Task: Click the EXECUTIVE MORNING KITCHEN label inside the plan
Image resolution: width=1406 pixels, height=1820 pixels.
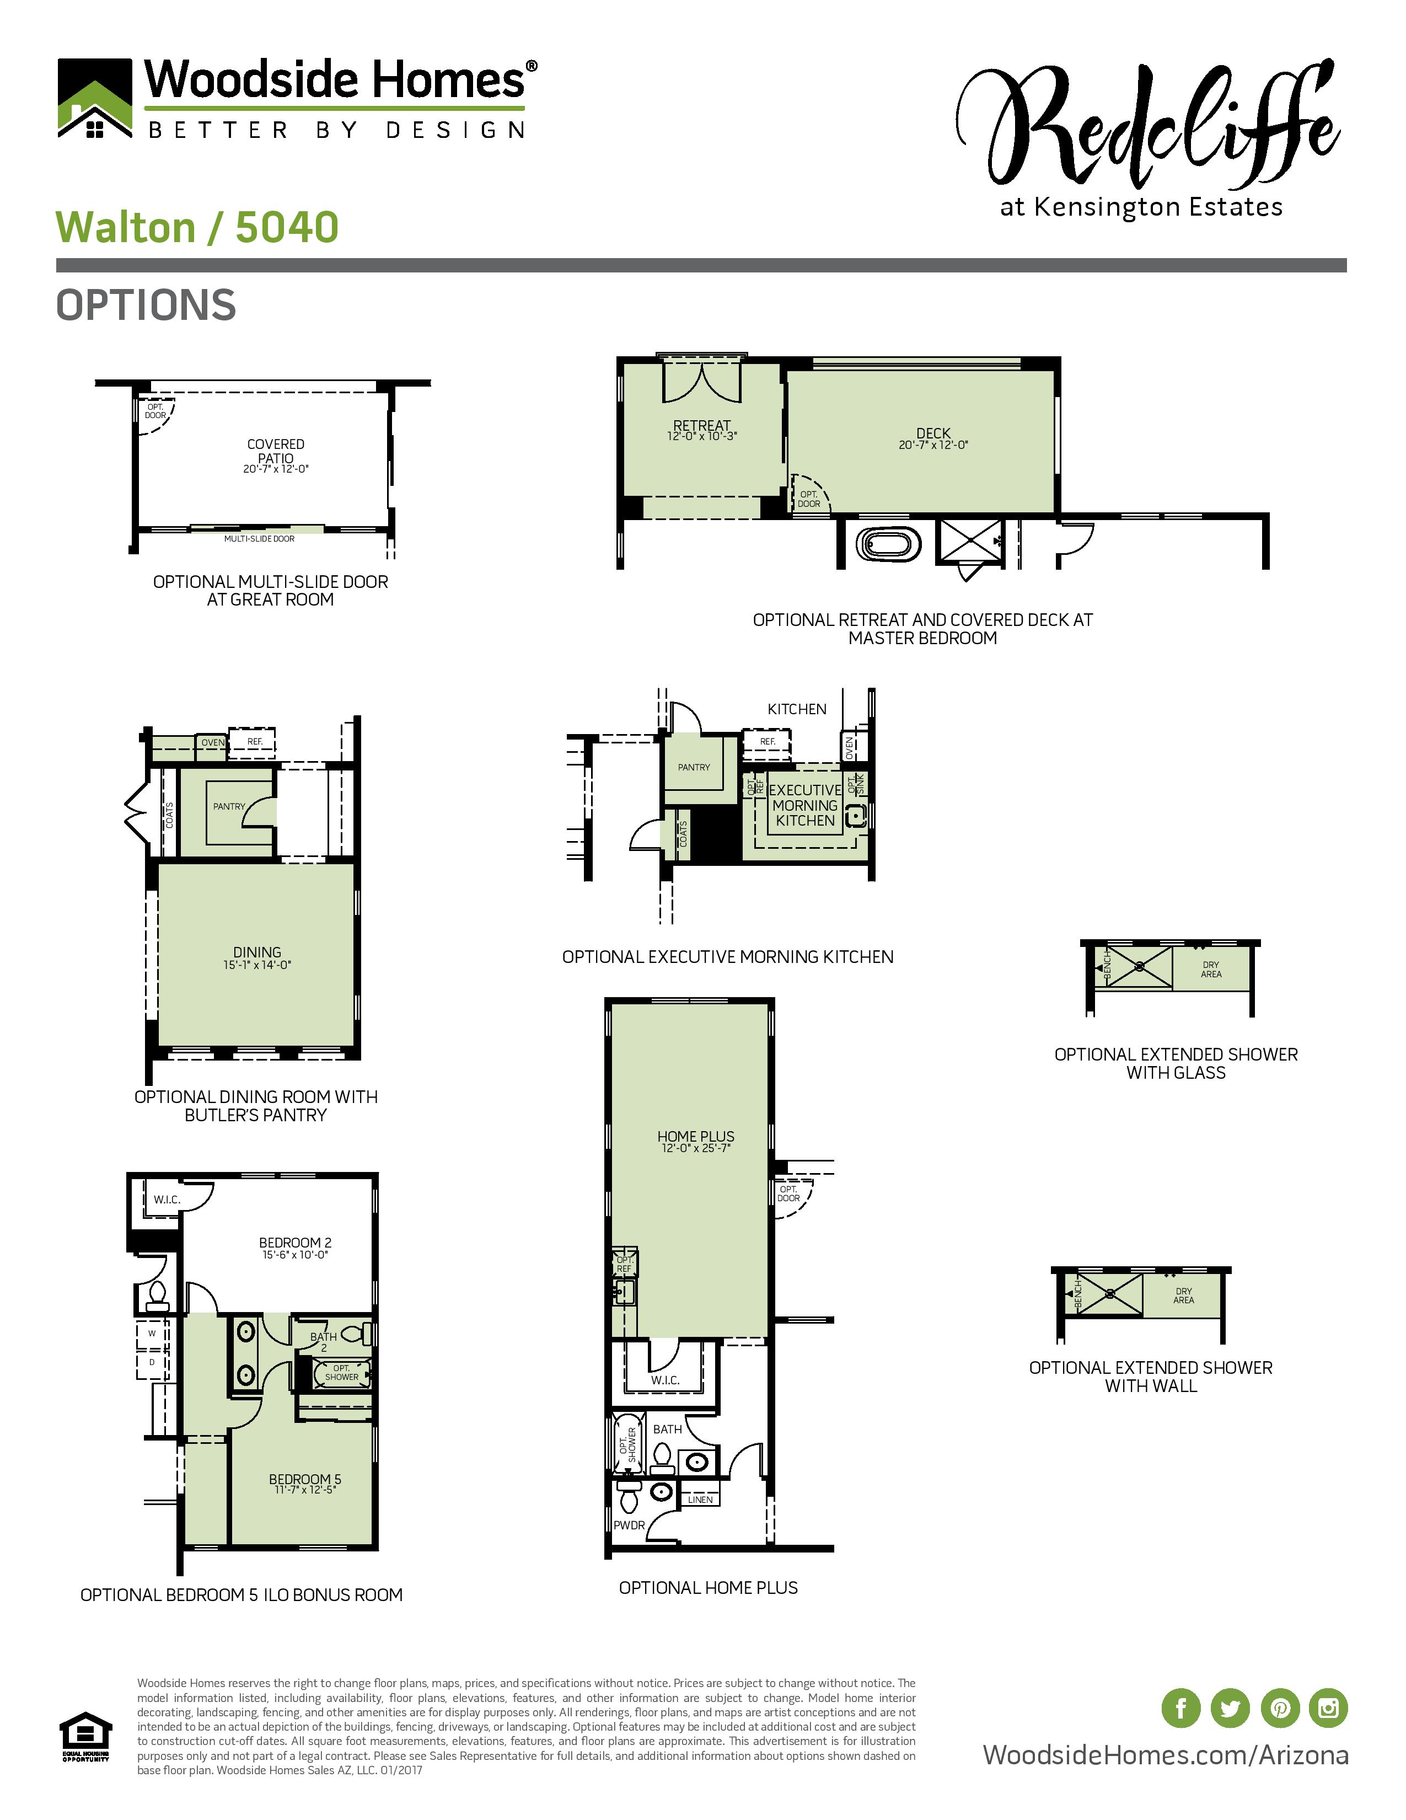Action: [804, 805]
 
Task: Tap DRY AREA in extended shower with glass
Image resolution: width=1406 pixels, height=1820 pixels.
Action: [1211, 969]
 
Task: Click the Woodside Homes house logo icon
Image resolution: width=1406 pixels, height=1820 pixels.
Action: [95, 98]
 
